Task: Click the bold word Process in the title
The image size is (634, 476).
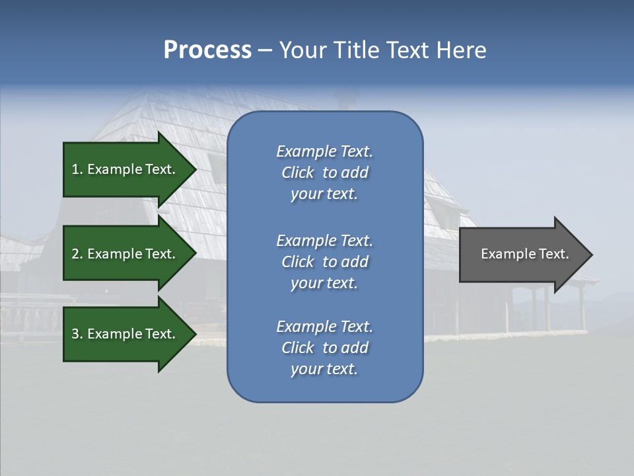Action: [x=207, y=50]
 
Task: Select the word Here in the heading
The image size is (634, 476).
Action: [x=462, y=50]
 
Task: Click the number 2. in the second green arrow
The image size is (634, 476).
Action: [x=77, y=254]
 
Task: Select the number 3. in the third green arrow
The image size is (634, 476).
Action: [x=77, y=334]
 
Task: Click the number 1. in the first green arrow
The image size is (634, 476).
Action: [x=77, y=169]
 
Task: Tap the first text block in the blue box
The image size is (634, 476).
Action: [x=324, y=173]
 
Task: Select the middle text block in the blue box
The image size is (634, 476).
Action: [x=324, y=262]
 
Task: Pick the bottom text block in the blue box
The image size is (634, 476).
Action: [x=324, y=348]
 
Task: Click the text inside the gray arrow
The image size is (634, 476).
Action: [x=524, y=254]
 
